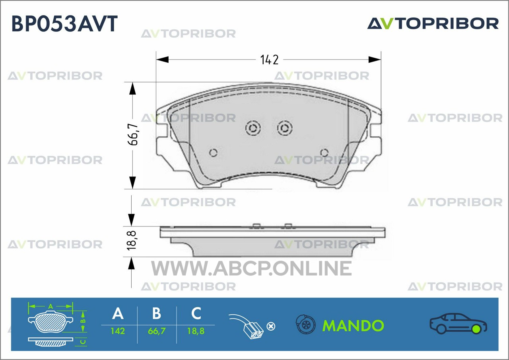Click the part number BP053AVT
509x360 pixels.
(64, 23)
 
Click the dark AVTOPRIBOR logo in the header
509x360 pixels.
(433, 23)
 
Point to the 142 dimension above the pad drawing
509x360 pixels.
(269, 60)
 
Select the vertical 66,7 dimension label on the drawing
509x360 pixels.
(133, 134)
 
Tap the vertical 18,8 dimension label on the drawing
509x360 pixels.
(132, 240)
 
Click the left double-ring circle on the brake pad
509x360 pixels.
(253, 128)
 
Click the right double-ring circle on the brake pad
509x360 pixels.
(284, 128)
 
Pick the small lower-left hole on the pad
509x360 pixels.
(213, 153)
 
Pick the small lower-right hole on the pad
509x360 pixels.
(324, 153)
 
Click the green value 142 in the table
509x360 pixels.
(118, 331)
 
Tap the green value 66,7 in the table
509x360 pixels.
(157, 331)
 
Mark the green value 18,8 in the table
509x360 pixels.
(196, 331)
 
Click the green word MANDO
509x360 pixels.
(353, 326)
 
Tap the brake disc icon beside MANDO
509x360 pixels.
(306, 324)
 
